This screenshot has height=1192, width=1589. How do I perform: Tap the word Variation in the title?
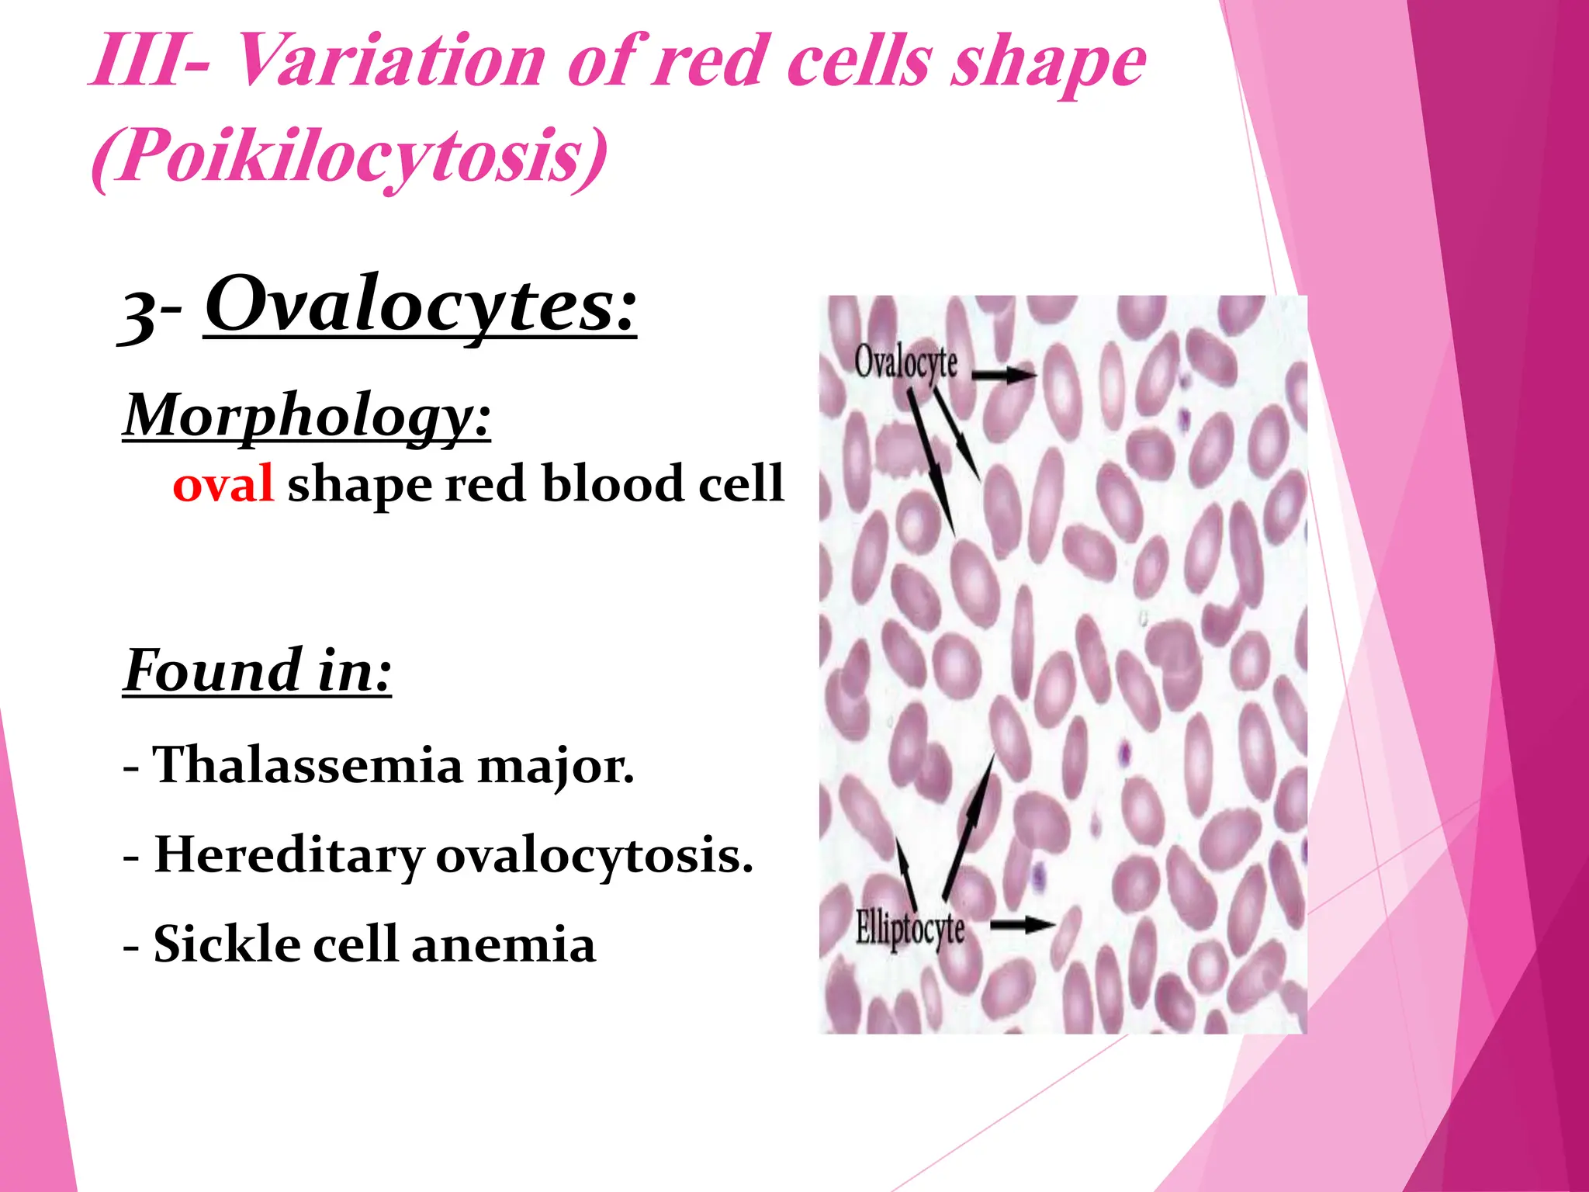tap(388, 62)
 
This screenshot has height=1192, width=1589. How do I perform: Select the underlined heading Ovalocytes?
tap(420, 307)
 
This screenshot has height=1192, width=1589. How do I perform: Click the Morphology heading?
tap(306, 417)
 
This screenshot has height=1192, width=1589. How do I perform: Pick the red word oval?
tap(223, 484)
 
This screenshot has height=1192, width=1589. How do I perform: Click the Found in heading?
tap(258, 671)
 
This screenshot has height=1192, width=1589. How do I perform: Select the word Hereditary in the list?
tap(289, 855)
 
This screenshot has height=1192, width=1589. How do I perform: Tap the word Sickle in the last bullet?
tap(227, 944)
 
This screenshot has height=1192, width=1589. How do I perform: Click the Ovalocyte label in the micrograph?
tap(905, 362)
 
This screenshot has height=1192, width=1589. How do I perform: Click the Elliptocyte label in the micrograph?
tap(909, 929)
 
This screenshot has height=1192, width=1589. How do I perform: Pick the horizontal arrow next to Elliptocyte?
tap(1023, 924)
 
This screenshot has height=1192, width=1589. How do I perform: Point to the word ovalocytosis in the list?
tap(594, 856)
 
